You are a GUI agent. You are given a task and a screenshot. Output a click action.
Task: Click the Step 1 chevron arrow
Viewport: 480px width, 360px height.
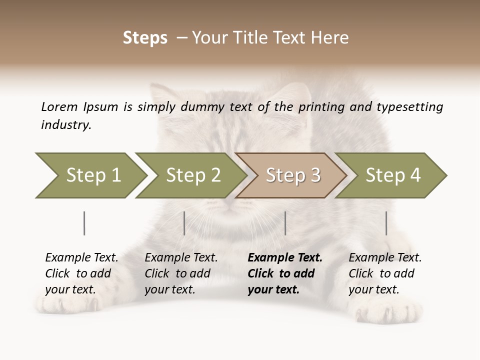[x=92, y=175]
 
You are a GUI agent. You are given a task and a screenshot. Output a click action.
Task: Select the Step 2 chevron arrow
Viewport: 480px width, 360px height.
[x=192, y=175]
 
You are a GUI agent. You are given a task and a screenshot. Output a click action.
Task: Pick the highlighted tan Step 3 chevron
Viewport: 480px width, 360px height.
[x=292, y=175]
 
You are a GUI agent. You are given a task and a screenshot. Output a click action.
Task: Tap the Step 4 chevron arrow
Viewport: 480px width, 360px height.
[x=392, y=175]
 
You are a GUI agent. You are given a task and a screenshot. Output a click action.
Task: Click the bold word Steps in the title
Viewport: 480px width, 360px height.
[x=145, y=38]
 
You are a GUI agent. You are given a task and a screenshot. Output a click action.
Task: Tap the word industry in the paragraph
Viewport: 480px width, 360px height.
[x=65, y=125]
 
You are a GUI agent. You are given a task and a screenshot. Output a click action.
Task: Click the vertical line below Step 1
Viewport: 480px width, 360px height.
[x=84, y=223]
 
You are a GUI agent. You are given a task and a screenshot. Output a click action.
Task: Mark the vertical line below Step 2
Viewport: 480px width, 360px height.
[x=184, y=223]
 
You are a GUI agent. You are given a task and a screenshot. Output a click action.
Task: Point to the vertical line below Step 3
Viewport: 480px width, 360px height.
[x=285, y=223]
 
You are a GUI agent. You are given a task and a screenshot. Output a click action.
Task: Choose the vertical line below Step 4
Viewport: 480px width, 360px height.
[x=386, y=223]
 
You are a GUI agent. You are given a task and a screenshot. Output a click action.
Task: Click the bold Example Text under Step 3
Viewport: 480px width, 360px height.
[x=285, y=258]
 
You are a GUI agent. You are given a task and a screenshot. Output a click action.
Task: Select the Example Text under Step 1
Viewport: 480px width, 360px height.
[x=81, y=258]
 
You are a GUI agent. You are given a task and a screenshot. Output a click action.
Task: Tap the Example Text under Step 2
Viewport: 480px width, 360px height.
[x=181, y=258]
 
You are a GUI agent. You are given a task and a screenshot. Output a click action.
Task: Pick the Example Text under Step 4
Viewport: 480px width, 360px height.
[x=385, y=258]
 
